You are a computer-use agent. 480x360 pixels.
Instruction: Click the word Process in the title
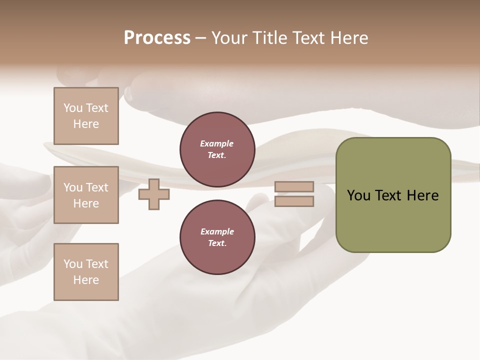click(x=157, y=38)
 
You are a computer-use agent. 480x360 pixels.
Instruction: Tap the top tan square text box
click(x=86, y=116)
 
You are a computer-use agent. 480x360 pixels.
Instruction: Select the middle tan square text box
click(x=86, y=195)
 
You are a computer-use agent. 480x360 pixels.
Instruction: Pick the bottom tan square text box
click(x=86, y=271)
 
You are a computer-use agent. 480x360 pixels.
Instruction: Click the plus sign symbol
click(x=153, y=194)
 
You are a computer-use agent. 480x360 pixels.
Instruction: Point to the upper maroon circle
click(x=217, y=149)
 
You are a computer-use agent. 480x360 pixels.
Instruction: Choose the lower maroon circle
click(x=217, y=237)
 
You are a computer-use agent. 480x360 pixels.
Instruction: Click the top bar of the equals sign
click(x=294, y=186)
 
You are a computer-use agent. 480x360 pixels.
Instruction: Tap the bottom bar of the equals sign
click(x=294, y=201)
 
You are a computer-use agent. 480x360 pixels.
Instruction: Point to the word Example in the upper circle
click(x=216, y=143)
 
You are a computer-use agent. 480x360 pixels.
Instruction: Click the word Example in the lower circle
click(x=217, y=231)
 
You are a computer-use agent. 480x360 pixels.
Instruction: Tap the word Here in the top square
click(x=86, y=124)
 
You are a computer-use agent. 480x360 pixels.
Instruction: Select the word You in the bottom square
click(x=72, y=263)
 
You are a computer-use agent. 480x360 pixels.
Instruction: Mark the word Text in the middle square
click(x=96, y=187)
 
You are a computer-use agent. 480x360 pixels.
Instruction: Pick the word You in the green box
click(x=358, y=195)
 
